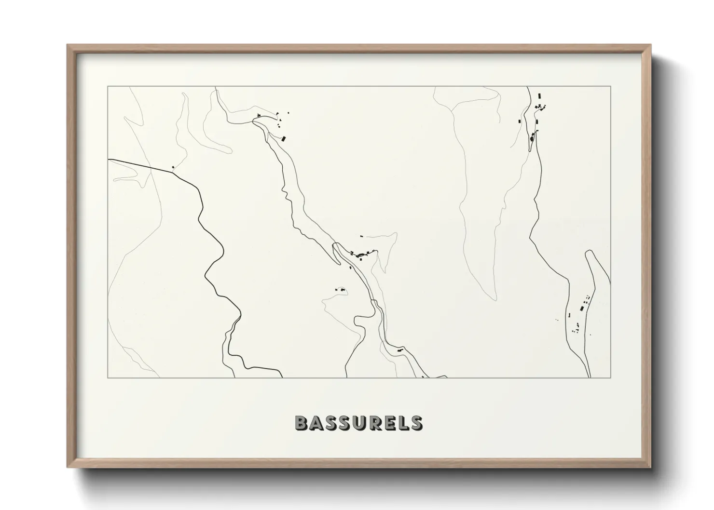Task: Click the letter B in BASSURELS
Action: [x=302, y=423]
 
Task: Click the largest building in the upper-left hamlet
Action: [x=284, y=139]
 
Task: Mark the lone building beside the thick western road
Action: [x=173, y=167]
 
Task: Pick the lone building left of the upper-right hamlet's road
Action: [x=519, y=121]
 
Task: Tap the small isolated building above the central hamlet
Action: [x=361, y=236]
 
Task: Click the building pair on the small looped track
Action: [x=341, y=289]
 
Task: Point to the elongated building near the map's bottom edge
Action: [x=399, y=350]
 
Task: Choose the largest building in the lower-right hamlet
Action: [x=582, y=308]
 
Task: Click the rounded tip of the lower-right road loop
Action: [x=589, y=252]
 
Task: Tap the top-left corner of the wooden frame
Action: [x=68, y=45]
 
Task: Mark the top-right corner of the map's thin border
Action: [x=611, y=86]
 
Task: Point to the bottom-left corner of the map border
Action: [x=108, y=378]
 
